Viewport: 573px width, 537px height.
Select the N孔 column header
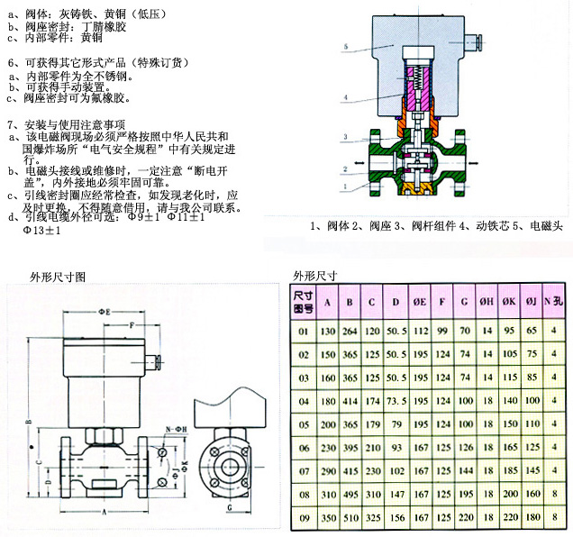point(558,301)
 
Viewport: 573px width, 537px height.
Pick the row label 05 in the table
point(303,423)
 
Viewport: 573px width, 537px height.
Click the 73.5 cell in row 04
point(396,400)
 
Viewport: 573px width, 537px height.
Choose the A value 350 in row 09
point(326,517)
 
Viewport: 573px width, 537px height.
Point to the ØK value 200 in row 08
point(510,494)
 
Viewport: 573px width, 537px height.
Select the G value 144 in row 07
point(465,470)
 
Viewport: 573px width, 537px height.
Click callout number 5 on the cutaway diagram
point(346,44)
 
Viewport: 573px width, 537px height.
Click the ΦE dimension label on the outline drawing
point(106,310)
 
